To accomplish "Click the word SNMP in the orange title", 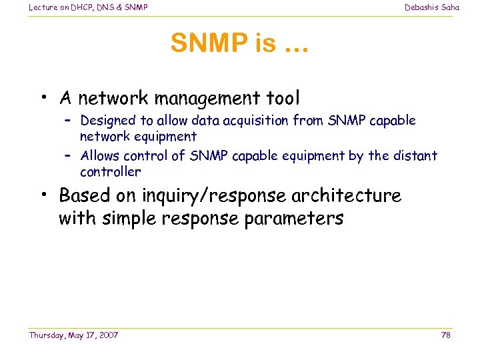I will pyautogui.click(x=209, y=43).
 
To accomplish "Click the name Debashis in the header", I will pyautogui.click(x=421, y=7).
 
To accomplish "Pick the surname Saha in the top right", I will pyautogui.click(x=450, y=7).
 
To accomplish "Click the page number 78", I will pyautogui.click(x=445, y=335).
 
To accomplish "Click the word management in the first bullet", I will pyautogui.click(x=198, y=99).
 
